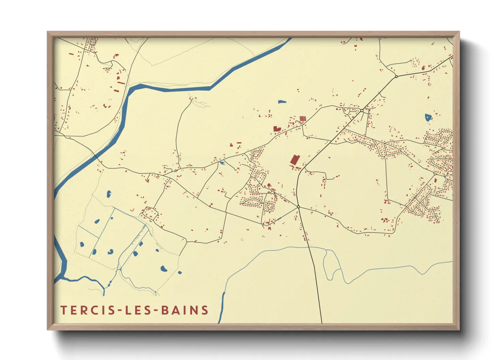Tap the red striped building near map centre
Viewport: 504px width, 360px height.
pyautogui.click(x=302, y=118)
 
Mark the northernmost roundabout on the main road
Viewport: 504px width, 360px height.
pyautogui.click(x=396, y=77)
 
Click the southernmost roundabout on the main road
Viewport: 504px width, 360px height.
pyautogui.click(x=298, y=207)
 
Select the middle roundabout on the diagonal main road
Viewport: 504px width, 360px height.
pyautogui.click(x=362, y=110)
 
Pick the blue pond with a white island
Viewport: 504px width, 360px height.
pyautogui.click(x=428, y=117)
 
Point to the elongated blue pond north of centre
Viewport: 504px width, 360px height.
pyautogui.click(x=282, y=101)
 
